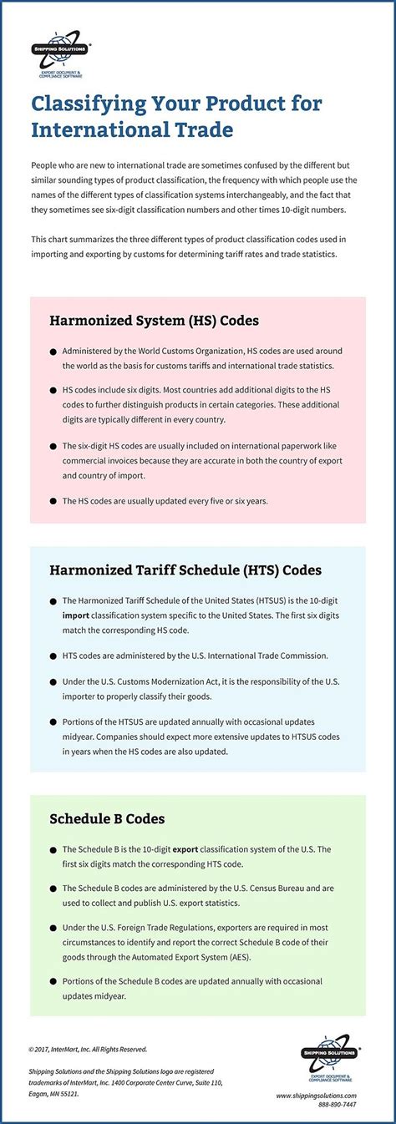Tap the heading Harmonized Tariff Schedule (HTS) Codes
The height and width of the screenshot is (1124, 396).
tap(185, 571)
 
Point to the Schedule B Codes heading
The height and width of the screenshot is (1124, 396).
tap(107, 819)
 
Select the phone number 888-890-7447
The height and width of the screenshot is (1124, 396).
tap(338, 1105)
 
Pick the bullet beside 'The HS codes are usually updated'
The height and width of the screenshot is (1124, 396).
tap(53, 501)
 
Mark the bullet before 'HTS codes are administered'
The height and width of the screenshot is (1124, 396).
tap(53, 656)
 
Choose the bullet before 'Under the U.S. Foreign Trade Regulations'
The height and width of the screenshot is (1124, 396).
tap(53, 929)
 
